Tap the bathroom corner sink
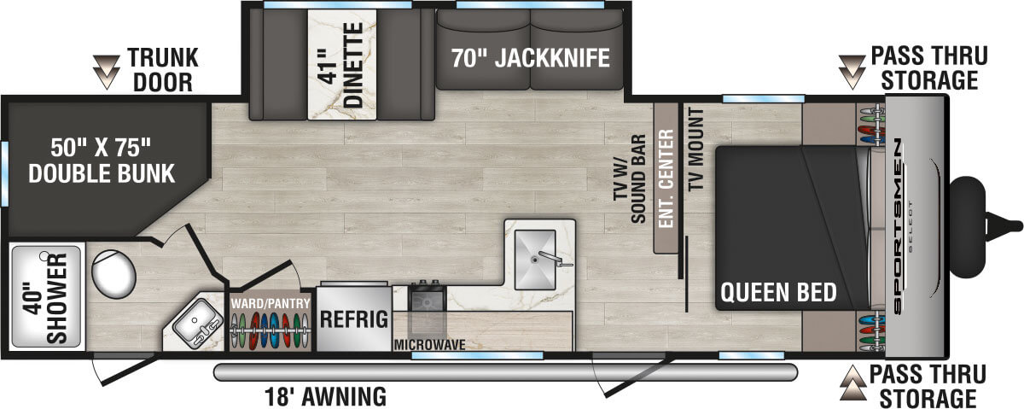click(196, 324)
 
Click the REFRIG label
click(354, 320)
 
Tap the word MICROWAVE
click(429, 345)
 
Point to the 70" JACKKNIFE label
click(531, 58)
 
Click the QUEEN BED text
click(778, 293)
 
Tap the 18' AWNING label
click(325, 396)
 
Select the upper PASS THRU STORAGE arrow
click(852, 71)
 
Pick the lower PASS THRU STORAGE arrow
click(852, 385)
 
